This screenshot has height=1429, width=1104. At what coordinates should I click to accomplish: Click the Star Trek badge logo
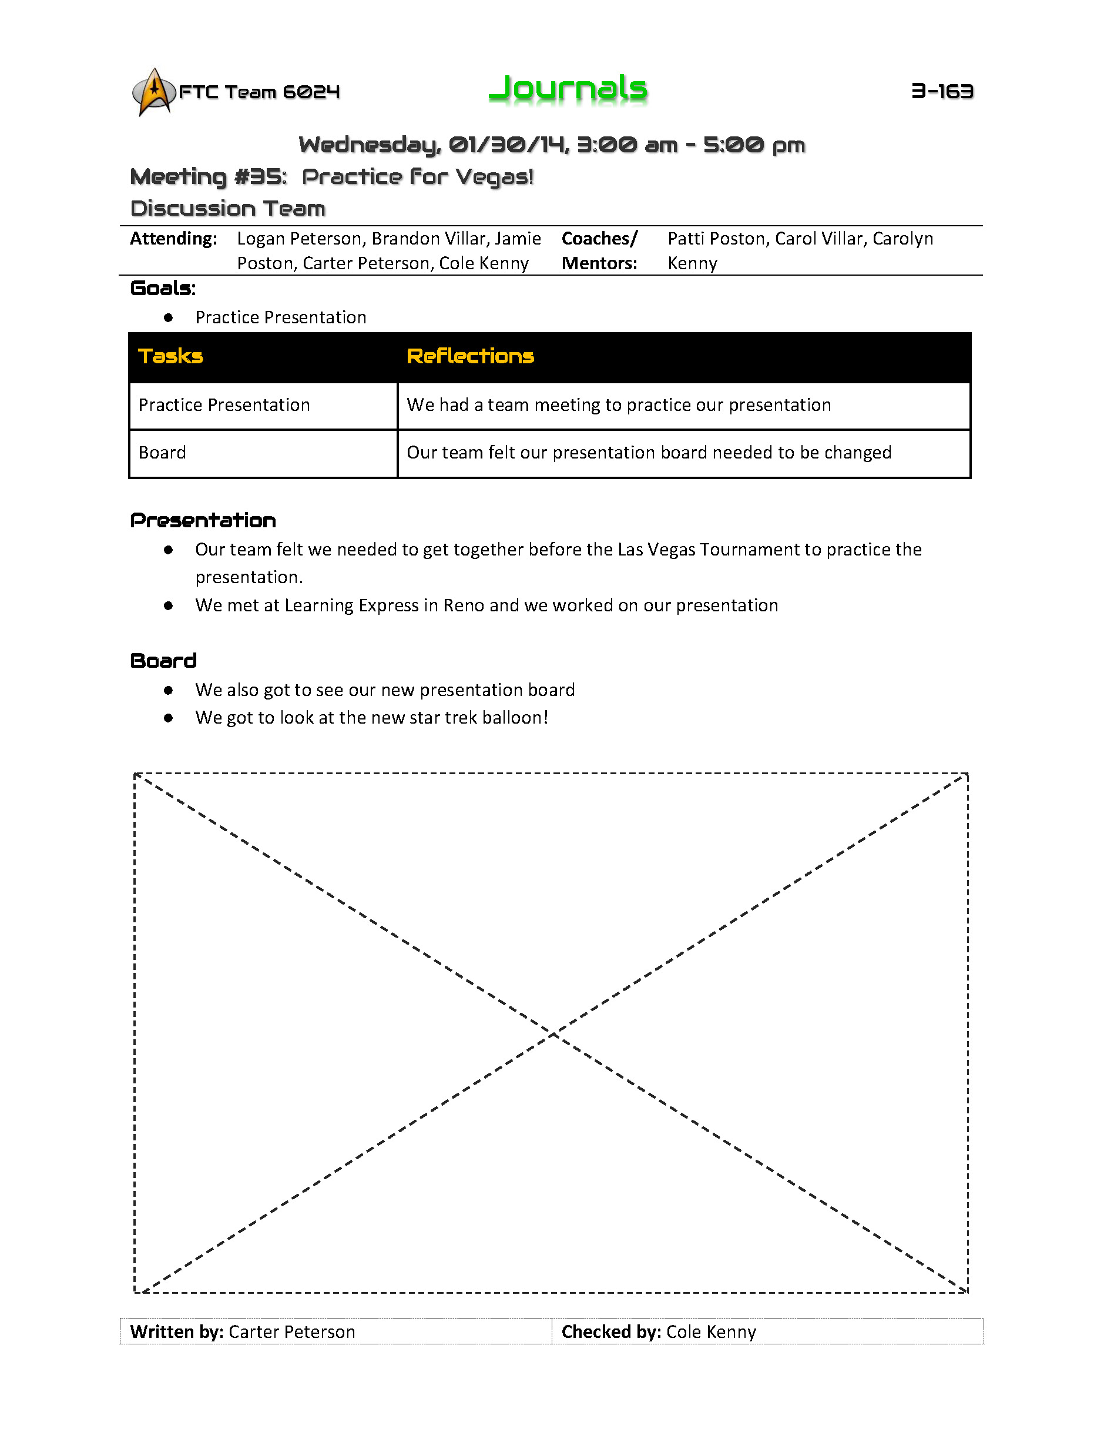(x=154, y=92)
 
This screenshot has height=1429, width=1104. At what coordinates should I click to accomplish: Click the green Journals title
(x=568, y=89)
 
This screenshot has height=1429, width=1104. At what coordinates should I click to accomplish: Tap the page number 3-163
(x=942, y=91)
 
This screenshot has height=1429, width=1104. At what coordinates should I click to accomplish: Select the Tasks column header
(x=171, y=356)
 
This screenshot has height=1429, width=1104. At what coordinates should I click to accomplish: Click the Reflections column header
(x=470, y=356)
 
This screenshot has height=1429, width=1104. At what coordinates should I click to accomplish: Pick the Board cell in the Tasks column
(x=162, y=453)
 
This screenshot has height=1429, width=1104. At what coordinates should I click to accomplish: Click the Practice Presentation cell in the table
(x=224, y=405)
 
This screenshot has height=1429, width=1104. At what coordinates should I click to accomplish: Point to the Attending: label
(x=173, y=239)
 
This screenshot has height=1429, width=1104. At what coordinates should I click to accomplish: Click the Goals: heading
(x=163, y=289)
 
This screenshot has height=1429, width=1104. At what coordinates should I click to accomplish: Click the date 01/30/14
(x=508, y=145)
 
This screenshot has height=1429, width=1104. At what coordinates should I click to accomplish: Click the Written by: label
(x=177, y=1331)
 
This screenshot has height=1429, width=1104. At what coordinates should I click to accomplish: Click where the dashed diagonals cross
(x=553, y=1033)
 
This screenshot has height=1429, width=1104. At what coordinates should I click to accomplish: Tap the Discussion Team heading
(x=227, y=209)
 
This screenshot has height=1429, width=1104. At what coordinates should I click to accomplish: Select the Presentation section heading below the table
(x=203, y=521)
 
